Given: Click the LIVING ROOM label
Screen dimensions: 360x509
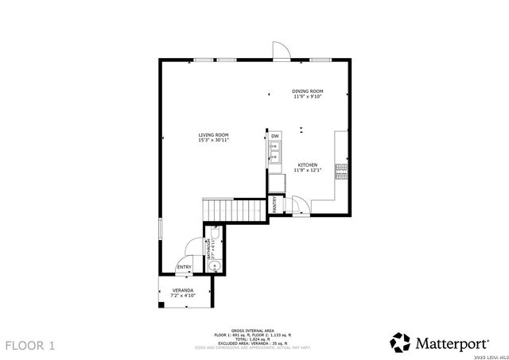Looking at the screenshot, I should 213,135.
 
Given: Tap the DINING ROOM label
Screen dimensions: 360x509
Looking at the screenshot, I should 307,91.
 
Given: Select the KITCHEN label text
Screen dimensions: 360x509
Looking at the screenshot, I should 307,165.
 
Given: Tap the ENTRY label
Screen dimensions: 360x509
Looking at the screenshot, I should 184,267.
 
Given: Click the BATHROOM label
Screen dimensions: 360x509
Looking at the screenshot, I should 209,249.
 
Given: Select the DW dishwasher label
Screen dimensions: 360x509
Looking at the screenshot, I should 275,137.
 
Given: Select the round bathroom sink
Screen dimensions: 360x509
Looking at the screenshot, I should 212,266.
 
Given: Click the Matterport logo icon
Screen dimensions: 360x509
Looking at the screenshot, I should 401,343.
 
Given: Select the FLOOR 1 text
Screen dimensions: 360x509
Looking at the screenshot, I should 30,346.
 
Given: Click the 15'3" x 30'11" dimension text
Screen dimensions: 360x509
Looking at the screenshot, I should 213,141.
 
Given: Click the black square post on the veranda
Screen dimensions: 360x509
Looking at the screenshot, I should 161,304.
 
